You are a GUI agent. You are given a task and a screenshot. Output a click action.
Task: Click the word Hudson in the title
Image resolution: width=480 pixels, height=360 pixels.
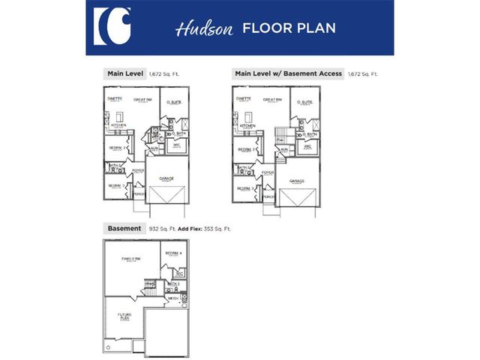point(196,29)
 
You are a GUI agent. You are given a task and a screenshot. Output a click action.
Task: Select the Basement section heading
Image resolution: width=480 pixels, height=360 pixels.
point(124,228)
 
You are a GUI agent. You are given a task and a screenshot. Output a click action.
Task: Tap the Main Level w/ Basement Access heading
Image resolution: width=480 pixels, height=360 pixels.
point(289,73)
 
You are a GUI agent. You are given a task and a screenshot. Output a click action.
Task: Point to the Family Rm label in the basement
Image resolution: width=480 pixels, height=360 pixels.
point(132,259)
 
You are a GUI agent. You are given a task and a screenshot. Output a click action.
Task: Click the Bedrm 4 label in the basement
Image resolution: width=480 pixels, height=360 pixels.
point(174,253)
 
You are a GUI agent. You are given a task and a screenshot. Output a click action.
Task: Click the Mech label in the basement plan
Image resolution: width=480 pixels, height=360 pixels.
point(172,298)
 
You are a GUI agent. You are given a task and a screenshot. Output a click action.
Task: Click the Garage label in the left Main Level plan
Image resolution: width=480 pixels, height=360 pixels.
point(166,178)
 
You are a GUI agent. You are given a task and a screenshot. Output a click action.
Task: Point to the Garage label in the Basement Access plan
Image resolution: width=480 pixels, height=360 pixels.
point(297,181)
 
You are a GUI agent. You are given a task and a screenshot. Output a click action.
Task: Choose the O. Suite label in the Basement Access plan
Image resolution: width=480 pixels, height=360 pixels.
point(304,101)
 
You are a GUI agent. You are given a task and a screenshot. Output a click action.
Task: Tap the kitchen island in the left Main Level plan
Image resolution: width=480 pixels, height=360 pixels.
point(119,118)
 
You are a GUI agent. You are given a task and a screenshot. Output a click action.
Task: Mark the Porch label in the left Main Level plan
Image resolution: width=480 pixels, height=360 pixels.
point(139,194)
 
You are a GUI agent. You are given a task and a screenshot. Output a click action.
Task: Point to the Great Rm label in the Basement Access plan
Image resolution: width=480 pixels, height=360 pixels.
point(273,99)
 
